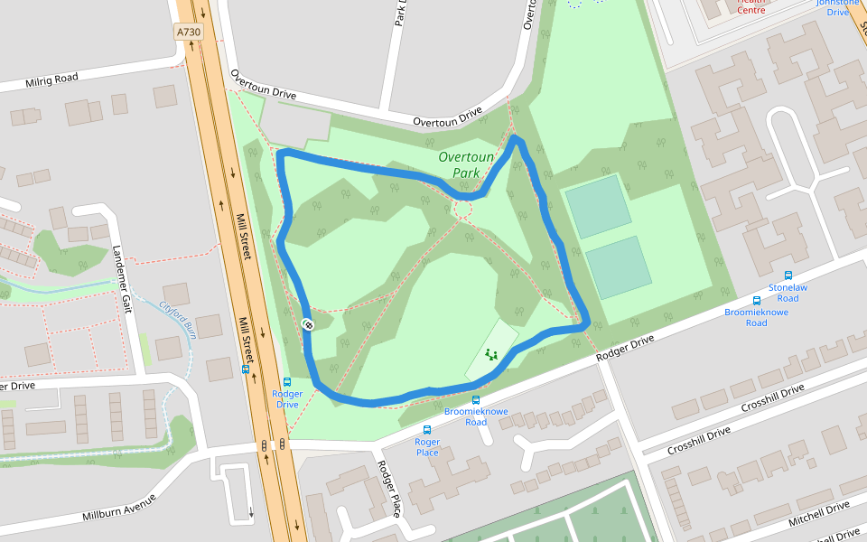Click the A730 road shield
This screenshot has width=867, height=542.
pos(189,32)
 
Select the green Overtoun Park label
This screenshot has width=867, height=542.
pos(466,164)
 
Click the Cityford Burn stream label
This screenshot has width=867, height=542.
pos(178,318)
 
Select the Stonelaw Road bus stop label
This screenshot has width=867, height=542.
pos(783,292)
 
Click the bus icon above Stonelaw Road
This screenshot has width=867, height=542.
pos(788,276)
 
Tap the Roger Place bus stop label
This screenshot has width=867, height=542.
pos(427,447)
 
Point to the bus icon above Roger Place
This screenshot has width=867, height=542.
pos(427,431)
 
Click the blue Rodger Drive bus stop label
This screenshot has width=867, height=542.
pos(287,398)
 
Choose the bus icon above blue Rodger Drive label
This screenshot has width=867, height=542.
pos(287,382)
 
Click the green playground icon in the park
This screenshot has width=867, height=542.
pos(491,355)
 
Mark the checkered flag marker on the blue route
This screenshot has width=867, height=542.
pos(308,323)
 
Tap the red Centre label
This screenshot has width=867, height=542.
pos(750,10)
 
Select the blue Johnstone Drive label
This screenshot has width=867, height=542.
pos(838,7)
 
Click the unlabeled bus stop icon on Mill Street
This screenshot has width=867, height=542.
pos(246,369)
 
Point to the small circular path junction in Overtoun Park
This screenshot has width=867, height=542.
pos(463,210)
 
